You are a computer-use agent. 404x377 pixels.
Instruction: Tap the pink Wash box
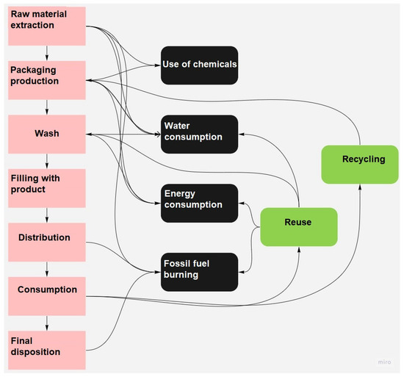[47, 134]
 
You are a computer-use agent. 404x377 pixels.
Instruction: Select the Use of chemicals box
[199, 65]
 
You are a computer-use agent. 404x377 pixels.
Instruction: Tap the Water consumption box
[199, 134]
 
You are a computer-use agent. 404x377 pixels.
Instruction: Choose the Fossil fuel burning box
[199, 271]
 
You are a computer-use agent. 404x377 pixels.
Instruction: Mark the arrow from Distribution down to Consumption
[47, 269]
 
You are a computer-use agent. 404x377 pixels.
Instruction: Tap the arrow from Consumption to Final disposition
[47, 323]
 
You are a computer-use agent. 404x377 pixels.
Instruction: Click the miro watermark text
[383, 361]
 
